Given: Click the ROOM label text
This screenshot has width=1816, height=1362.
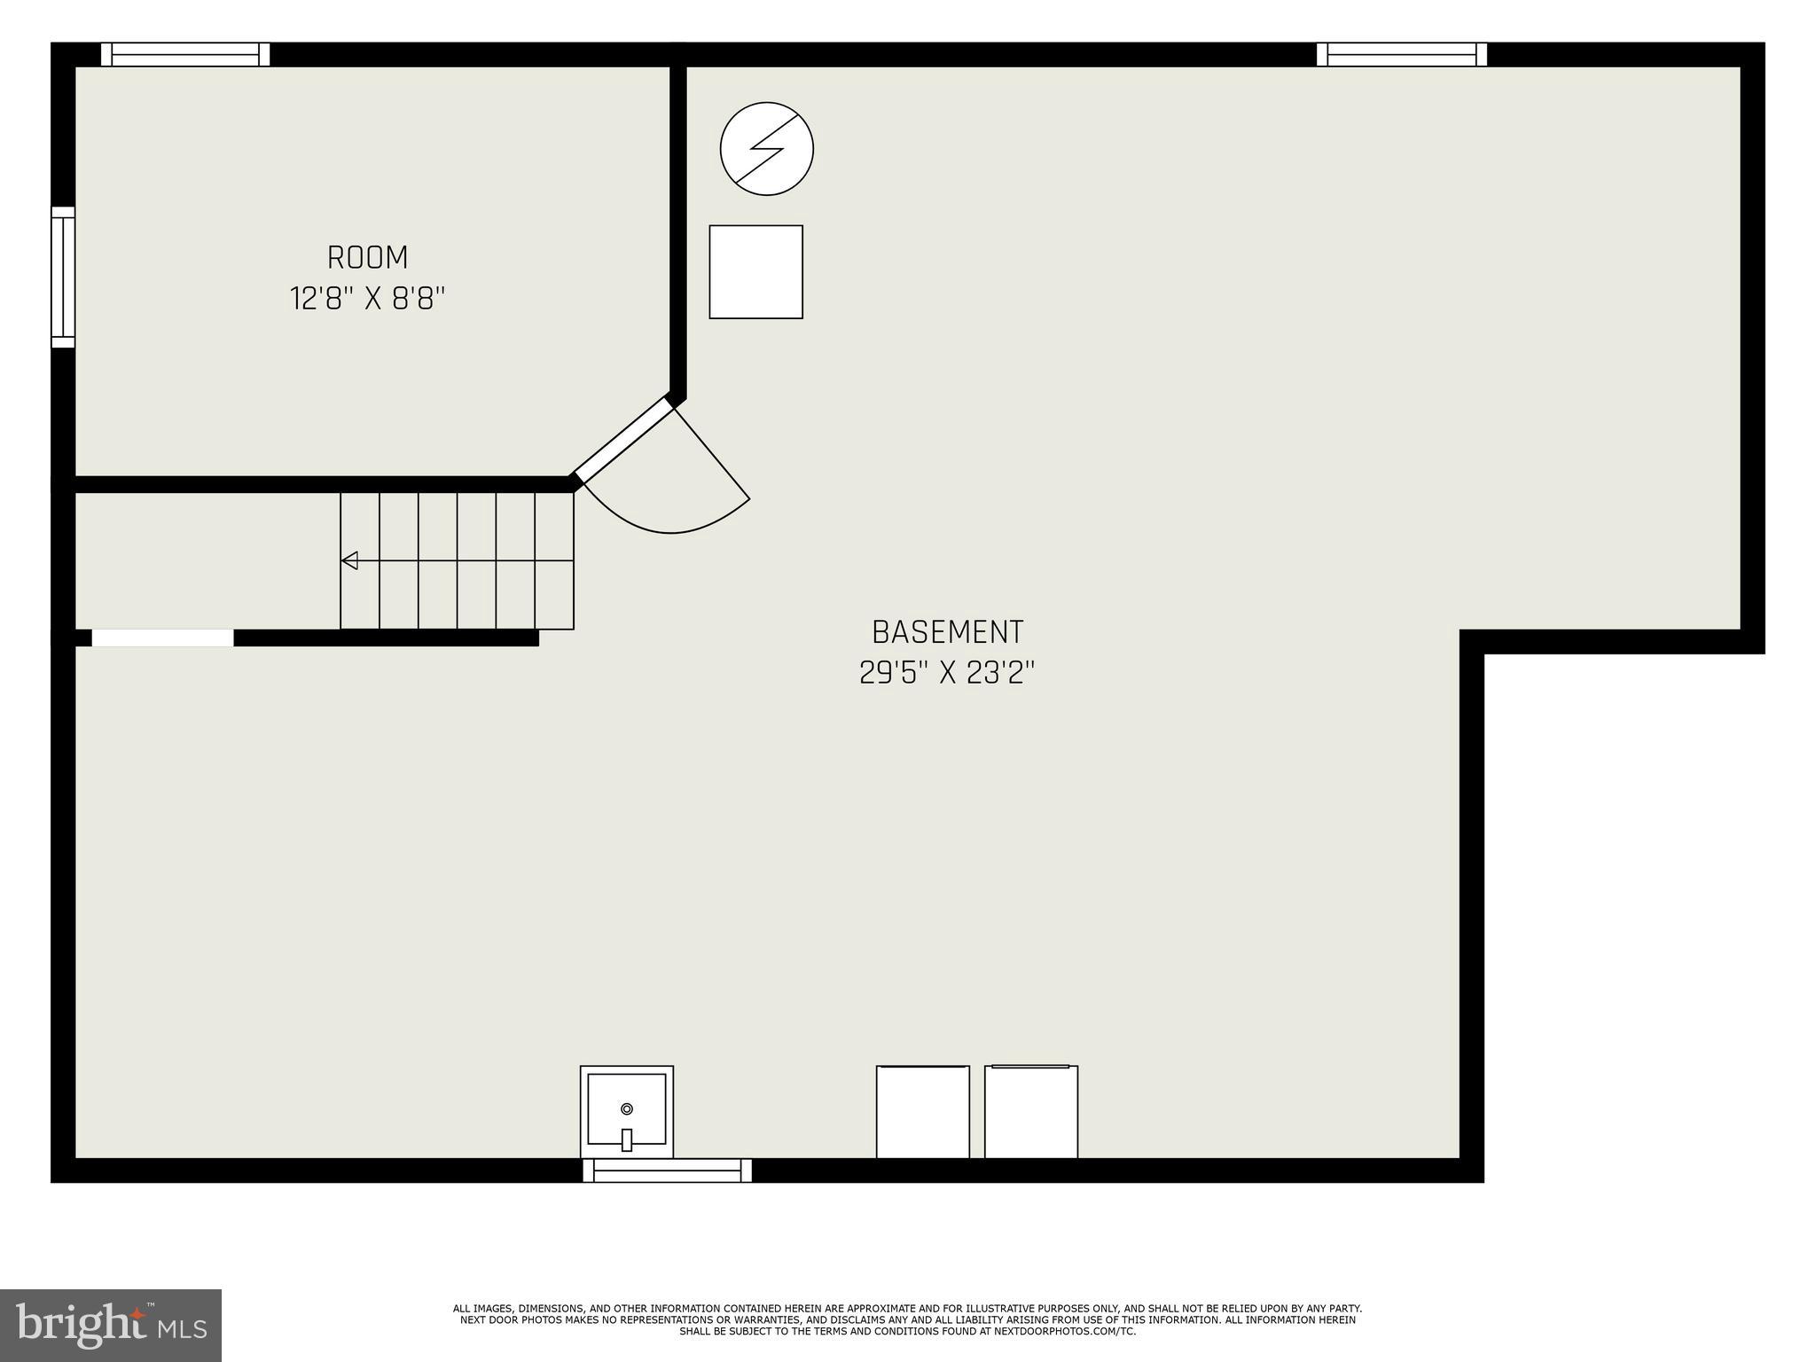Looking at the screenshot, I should click(367, 258).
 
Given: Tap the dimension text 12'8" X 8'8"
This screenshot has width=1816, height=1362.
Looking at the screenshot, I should click(367, 299).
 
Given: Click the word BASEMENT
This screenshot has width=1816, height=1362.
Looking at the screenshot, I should click(947, 632).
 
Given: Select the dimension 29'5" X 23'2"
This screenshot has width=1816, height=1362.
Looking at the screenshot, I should click(947, 673).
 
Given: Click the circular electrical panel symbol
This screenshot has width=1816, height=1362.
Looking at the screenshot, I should click(767, 148).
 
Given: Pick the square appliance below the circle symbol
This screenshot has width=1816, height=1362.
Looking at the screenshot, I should click(755, 271).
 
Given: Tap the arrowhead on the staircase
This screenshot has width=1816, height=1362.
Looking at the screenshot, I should click(349, 560).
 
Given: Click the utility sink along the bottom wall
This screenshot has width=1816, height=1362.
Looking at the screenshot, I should click(627, 1111).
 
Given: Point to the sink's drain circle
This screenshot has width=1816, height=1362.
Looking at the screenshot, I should click(627, 1108).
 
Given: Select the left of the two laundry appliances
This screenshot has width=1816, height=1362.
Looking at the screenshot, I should click(922, 1112).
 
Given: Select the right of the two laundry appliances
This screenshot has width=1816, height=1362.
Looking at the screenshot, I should click(1030, 1112).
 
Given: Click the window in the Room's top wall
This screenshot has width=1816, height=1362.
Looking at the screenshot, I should click(185, 55).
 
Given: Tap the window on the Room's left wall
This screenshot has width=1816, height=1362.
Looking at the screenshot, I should click(63, 278).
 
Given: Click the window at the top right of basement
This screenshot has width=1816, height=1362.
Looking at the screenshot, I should click(1401, 55).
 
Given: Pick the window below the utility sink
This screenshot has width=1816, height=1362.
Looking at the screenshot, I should click(667, 1170).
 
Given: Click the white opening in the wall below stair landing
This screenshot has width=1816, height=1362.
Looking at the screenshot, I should click(163, 638).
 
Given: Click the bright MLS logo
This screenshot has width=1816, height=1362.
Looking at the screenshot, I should click(111, 1325).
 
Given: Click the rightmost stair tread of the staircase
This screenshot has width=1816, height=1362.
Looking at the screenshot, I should click(554, 560).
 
